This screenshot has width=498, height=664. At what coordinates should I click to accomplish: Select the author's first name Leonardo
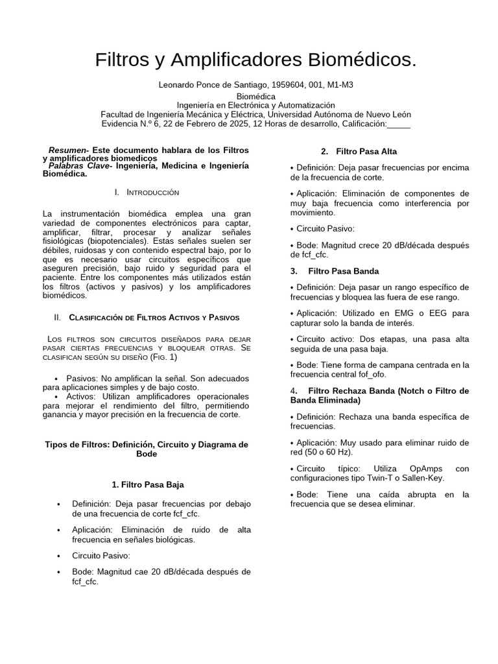[x=177, y=85]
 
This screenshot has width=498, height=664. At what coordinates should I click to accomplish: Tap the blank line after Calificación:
[x=399, y=124]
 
